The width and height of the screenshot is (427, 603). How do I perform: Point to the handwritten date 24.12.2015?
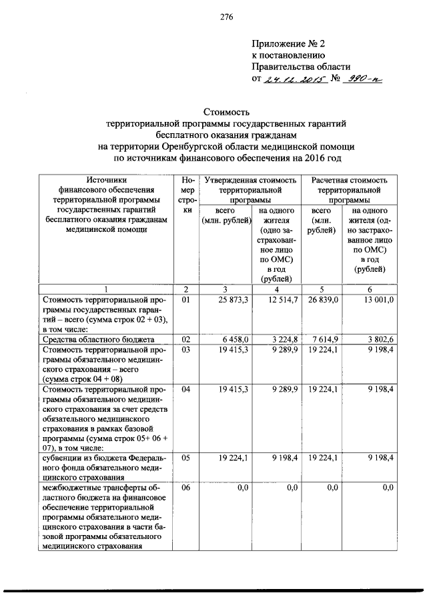[x=293, y=79]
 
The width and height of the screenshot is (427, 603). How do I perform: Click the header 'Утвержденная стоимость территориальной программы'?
[x=250, y=190]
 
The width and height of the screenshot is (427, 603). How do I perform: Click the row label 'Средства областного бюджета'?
[x=90, y=339]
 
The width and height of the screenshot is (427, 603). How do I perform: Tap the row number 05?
[x=185, y=459]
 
